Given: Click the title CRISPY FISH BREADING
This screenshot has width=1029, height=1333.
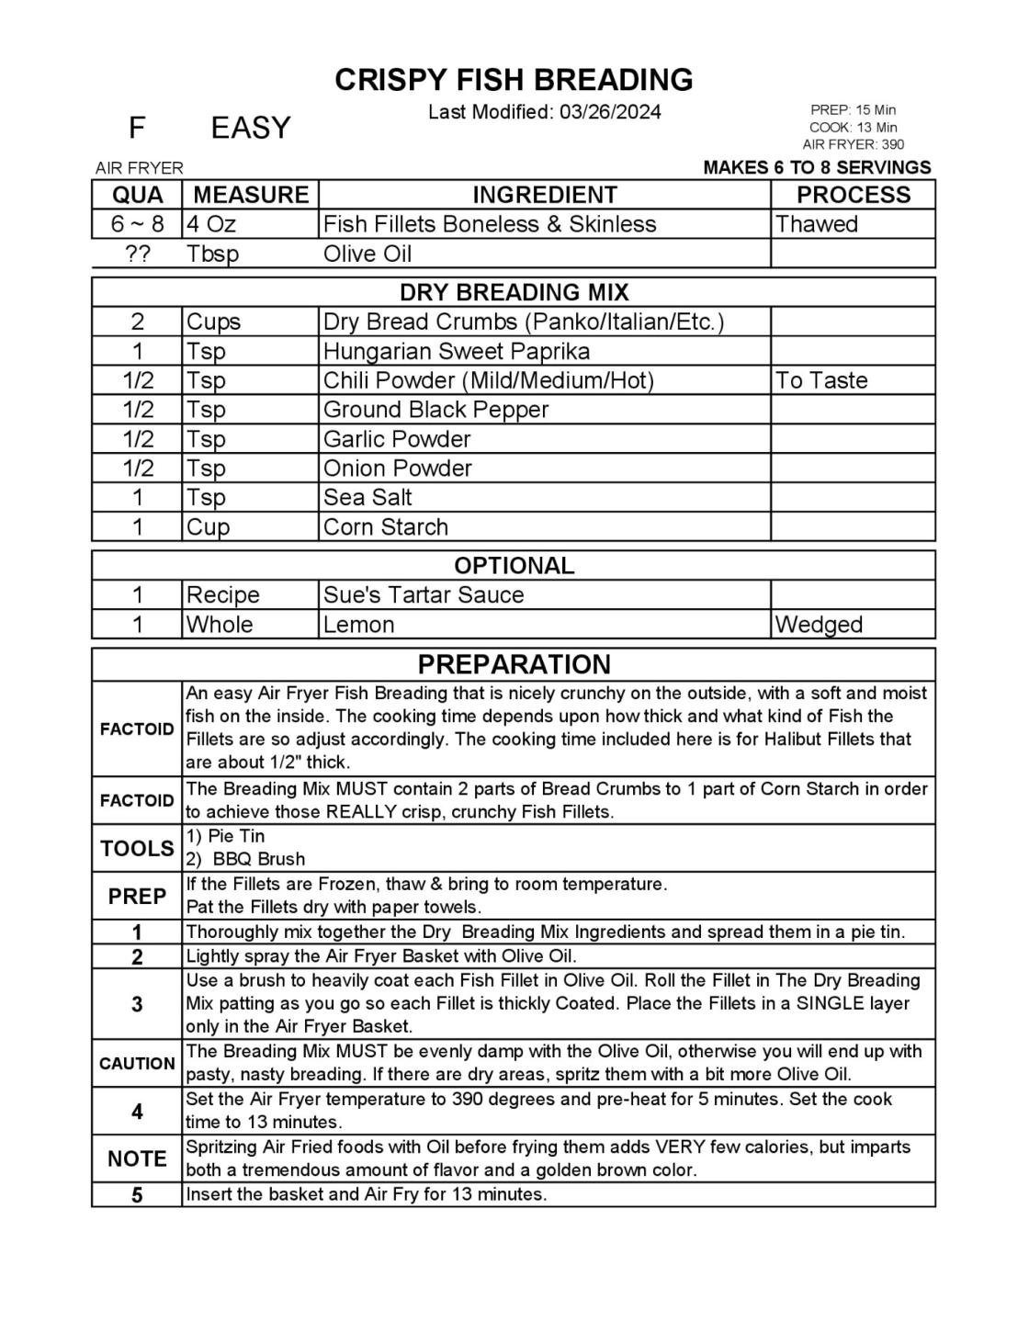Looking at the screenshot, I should tap(514, 80).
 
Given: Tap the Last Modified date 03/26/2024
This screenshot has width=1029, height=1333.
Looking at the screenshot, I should tap(609, 112).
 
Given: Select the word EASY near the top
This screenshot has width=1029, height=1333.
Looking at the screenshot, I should tap(250, 128).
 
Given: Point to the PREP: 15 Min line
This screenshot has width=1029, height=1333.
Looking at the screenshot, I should tap(853, 110).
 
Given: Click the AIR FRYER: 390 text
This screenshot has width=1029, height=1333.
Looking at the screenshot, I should tap(853, 144).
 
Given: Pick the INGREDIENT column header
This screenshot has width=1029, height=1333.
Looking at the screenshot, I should tap(544, 195).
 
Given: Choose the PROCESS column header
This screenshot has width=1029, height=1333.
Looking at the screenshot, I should tap(853, 195).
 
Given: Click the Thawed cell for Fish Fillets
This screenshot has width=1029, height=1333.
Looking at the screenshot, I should tap(816, 224).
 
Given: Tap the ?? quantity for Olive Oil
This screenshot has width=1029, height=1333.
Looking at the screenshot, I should tap(137, 254).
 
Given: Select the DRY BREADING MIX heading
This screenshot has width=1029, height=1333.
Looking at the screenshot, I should tap(514, 292).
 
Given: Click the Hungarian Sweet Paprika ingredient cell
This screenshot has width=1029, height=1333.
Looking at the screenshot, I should tap(457, 351).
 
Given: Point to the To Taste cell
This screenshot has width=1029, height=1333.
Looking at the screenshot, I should tap(821, 380).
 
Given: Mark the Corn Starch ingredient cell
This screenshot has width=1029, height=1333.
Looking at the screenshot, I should tap(386, 527).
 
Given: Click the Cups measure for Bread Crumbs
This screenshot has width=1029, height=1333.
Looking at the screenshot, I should tap(213, 322).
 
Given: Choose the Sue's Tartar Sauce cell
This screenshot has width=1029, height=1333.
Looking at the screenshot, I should tap(424, 594).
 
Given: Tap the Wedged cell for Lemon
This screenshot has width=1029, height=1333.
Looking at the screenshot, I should tap(819, 625).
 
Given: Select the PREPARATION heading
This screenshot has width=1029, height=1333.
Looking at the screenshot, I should tap(514, 664).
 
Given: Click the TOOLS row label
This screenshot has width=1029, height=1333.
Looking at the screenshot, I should tap(137, 848).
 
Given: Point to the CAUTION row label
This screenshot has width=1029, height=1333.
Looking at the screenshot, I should tap(137, 1064).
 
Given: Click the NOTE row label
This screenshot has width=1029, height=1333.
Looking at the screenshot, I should tap(137, 1158).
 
